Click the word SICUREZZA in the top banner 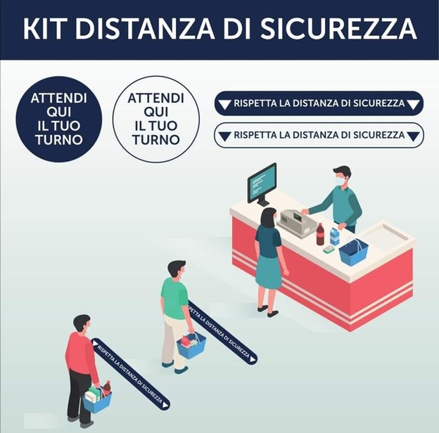(x=338, y=29)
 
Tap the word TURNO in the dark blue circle (x=59, y=140)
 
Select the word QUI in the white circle (x=156, y=112)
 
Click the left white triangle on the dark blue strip (x=224, y=105)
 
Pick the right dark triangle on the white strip (x=413, y=136)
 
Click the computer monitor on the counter (x=262, y=184)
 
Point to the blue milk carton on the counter (x=335, y=236)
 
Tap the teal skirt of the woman (x=268, y=271)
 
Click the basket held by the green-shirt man (x=191, y=346)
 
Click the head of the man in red (x=82, y=323)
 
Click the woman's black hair (x=268, y=217)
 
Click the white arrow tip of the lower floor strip (x=165, y=405)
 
